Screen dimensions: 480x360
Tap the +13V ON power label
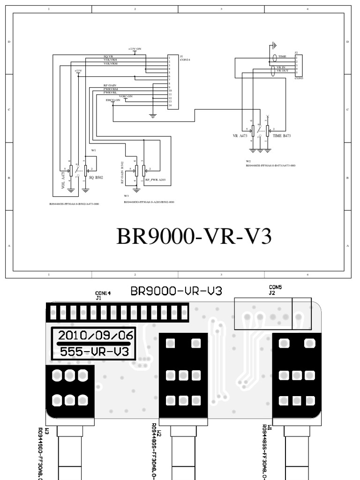pos(135,49)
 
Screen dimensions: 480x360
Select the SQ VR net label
pos(108,56)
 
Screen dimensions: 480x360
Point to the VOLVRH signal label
pos(110,60)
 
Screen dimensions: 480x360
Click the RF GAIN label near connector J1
pos(110,85)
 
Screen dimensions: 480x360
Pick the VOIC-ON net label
pos(126,96)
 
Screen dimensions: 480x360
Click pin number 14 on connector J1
pos(170,105)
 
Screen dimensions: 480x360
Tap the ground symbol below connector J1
pos(152,115)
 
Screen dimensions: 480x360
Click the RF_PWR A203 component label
pos(155,180)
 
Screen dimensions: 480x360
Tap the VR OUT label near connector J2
pos(282,71)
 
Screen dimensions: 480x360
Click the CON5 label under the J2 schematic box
pos(299,79)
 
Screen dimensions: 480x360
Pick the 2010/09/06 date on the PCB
pos(96,336)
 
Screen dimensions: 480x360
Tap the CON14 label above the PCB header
pos(103,293)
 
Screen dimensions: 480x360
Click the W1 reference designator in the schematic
pos(94,150)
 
